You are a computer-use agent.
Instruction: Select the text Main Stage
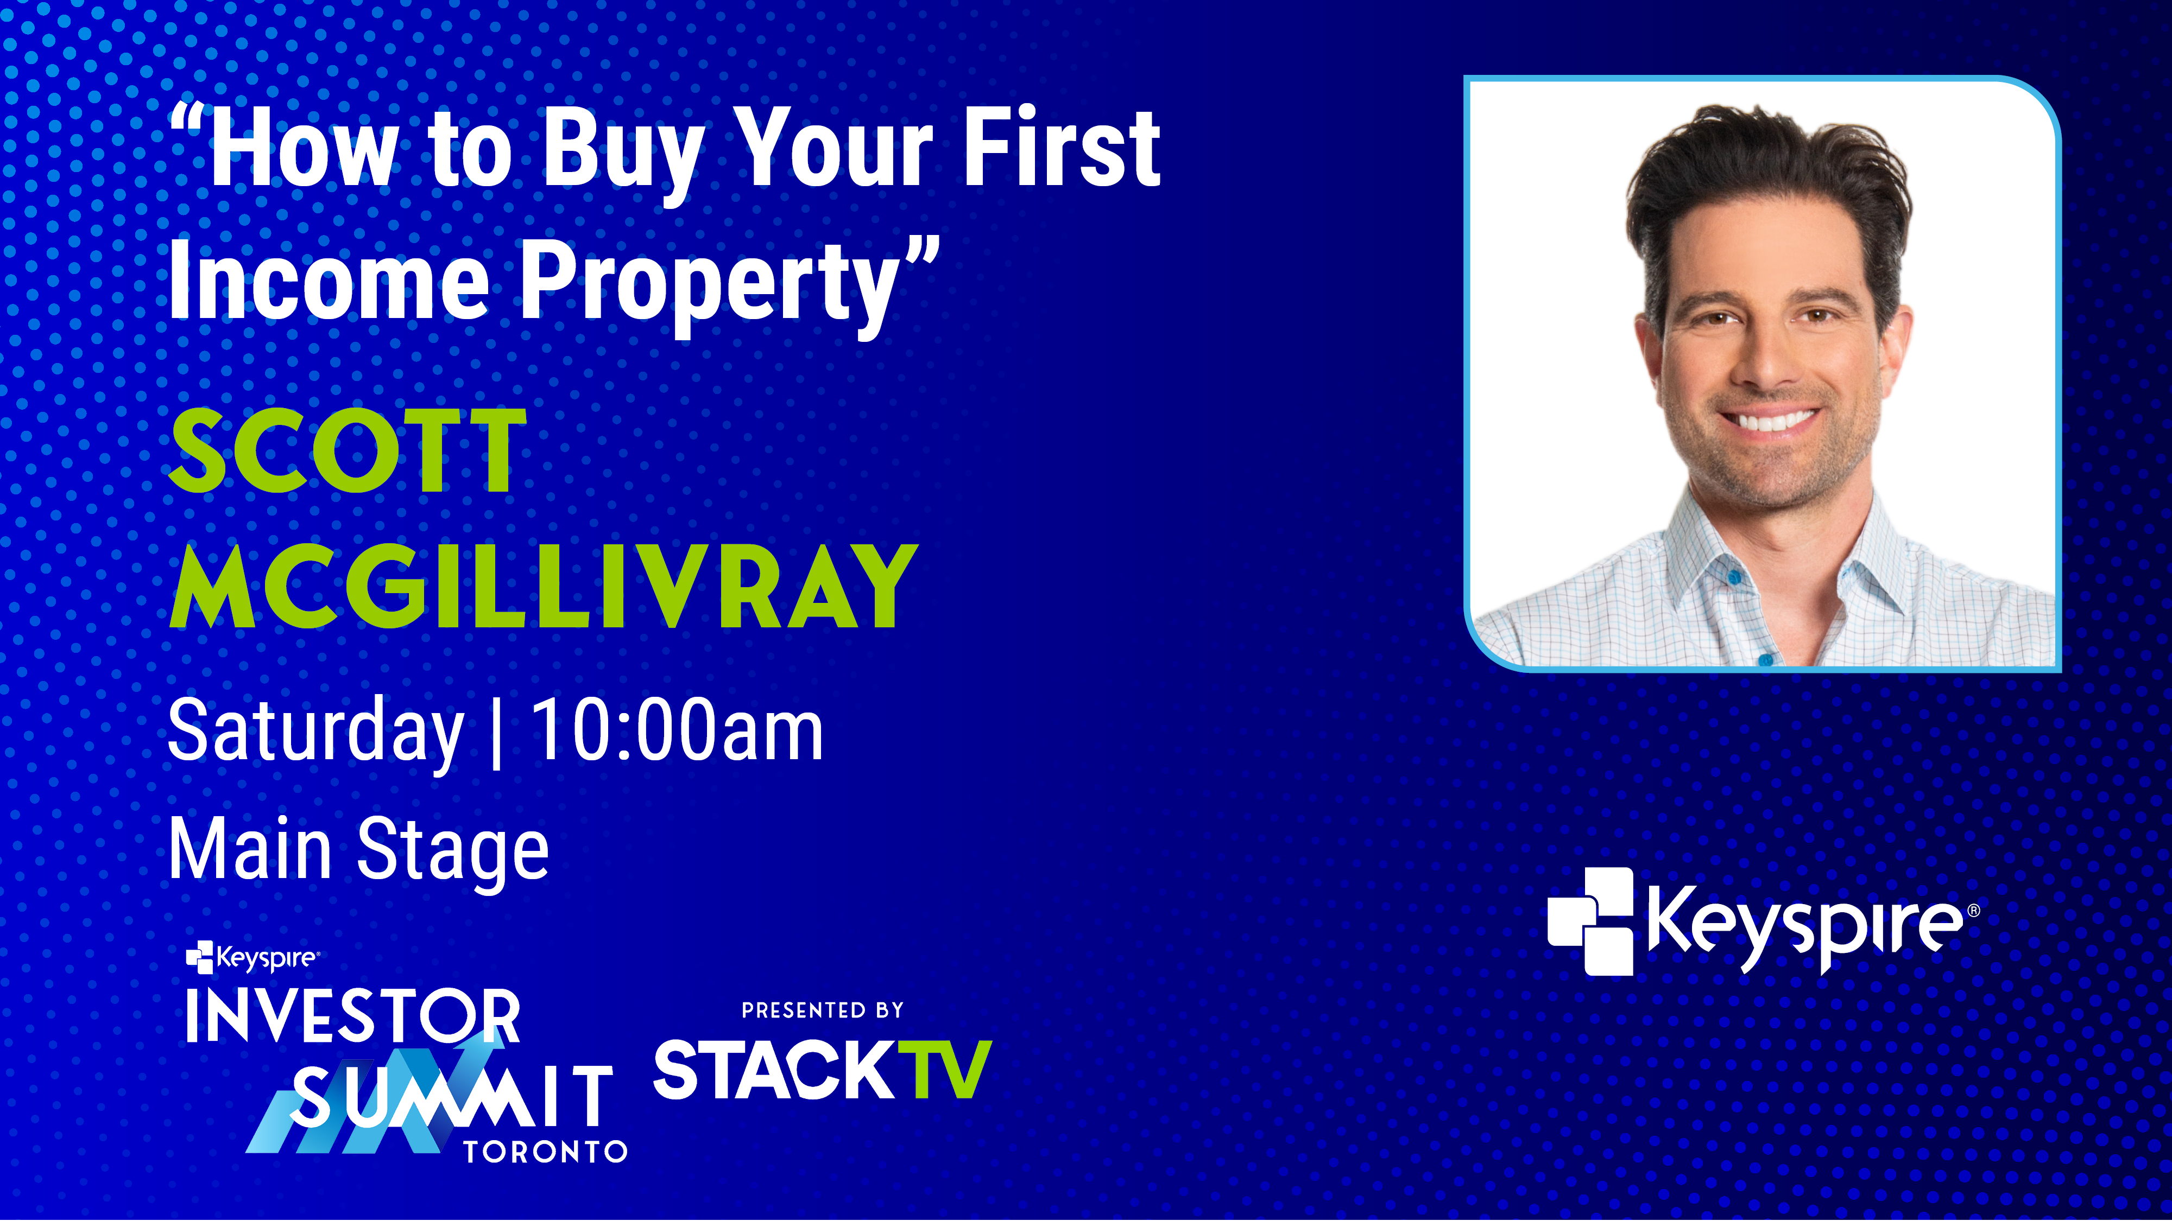(x=358, y=849)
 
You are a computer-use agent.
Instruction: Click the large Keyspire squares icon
(x=1590, y=921)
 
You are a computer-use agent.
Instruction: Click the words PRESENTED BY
(x=822, y=1009)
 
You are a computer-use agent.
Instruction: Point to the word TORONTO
(x=546, y=1151)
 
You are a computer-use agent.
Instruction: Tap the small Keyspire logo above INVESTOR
(x=252, y=957)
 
